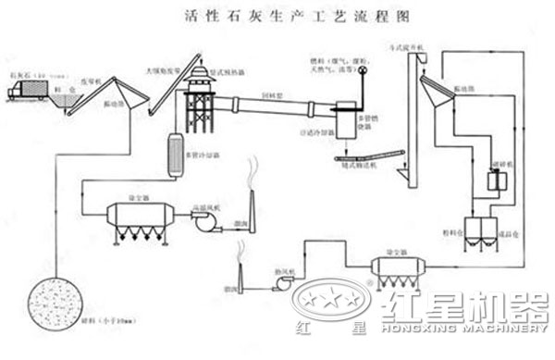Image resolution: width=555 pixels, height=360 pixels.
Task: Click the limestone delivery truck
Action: [28, 91]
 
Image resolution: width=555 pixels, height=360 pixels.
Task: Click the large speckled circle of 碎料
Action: [55, 306]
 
